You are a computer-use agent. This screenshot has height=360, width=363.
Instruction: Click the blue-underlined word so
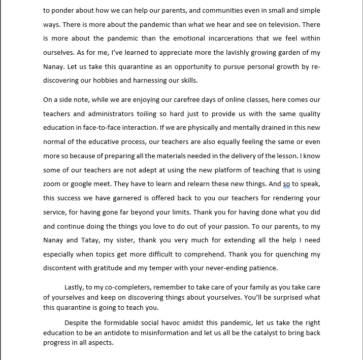click(x=286, y=184)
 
